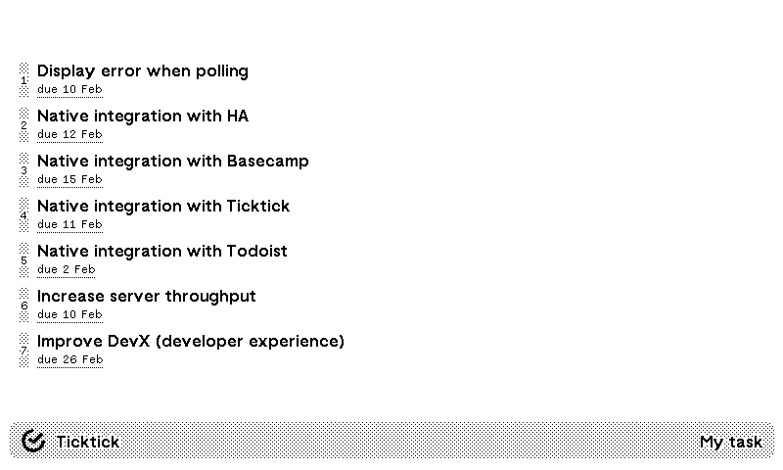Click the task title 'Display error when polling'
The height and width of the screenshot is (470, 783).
(143, 71)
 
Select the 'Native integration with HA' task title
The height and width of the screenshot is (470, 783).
(143, 117)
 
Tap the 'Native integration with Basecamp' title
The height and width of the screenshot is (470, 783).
(172, 162)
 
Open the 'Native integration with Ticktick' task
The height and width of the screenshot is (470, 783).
(163, 207)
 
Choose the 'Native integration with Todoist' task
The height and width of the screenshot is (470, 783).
(162, 252)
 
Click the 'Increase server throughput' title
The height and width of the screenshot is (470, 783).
(147, 297)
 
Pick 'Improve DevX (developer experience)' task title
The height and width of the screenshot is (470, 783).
(191, 342)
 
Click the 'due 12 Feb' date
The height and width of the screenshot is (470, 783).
(69, 135)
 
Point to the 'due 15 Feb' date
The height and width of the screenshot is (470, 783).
(69, 180)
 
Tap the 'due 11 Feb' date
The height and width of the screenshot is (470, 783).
(69, 225)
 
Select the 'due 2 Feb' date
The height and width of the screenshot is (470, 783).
(67, 270)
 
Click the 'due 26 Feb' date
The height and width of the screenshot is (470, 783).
(69, 360)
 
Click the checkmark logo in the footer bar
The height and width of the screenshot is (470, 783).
(33, 442)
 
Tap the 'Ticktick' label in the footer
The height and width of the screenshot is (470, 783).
(87, 442)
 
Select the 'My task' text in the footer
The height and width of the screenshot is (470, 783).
(731, 442)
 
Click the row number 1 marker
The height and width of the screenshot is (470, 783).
(24, 79)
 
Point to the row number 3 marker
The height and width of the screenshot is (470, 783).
(24, 169)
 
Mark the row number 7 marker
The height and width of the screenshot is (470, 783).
(24, 350)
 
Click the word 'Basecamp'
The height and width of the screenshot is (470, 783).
(268, 162)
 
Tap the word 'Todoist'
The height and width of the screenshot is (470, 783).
(256, 252)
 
